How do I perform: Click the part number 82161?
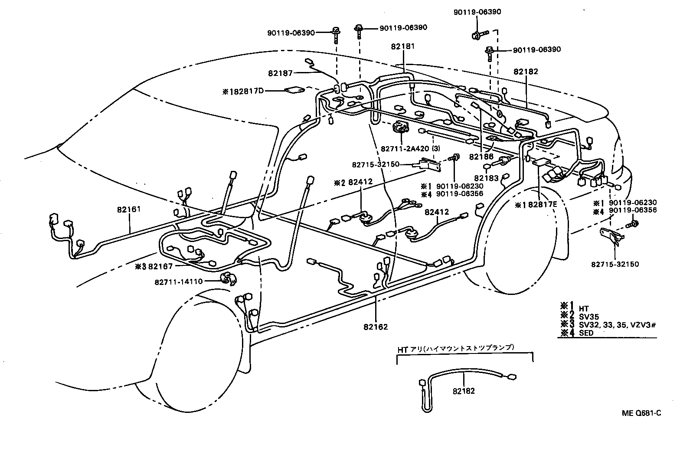point(129,209)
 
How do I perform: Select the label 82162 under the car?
point(376,327)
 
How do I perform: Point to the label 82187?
point(281,73)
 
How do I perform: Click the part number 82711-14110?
point(178,281)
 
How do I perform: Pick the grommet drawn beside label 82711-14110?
point(228,280)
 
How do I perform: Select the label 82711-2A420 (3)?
point(410,148)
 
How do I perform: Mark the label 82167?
point(160,266)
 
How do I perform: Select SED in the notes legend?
point(586,333)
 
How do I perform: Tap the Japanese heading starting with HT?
point(455,348)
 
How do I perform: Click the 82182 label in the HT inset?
point(464,391)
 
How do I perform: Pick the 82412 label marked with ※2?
point(360,183)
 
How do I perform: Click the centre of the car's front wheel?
point(193,351)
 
